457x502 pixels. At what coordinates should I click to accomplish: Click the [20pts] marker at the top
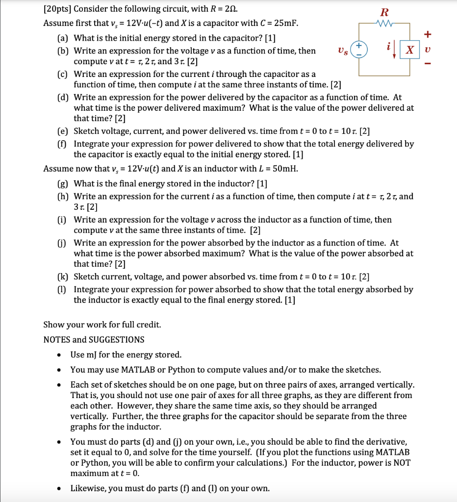tap(57, 9)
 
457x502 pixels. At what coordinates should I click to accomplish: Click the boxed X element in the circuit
tap(410, 50)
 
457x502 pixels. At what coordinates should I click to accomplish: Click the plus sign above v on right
tap(429, 34)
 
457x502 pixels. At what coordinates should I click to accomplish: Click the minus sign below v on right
tap(429, 64)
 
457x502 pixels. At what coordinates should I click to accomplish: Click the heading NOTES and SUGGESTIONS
tap(94, 340)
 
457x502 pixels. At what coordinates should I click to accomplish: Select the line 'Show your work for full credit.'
tap(102, 325)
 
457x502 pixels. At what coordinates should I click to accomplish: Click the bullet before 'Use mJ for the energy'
tap(59, 355)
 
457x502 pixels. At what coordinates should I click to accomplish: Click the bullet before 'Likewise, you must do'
tap(59, 488)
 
